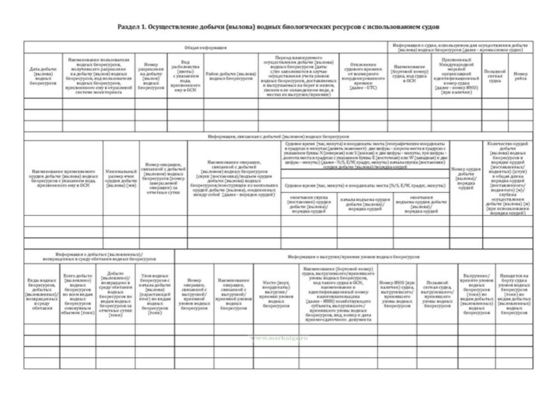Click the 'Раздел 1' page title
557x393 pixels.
pyautogui.click(x=278, y=27)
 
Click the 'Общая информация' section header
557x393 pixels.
pyautogui.click(x=205, y=48)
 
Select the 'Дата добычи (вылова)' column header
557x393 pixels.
pyautogui.click(x=43, y=76)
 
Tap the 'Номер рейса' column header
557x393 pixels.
pyautogui.click(x=520, y=76)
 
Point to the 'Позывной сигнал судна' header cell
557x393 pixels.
pyautogui.click(x=495, y=76)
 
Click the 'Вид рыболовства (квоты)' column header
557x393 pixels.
pyautogui.click(x=185, y=76)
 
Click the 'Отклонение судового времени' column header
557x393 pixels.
pyautogui.click(x=363, y=76)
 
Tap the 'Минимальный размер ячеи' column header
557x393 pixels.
pyautogui.click(x=121, y=179)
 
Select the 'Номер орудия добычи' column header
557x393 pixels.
pyautogui.click(x=466, y=179)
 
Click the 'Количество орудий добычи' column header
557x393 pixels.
pyautogui.click(x=508, y=178)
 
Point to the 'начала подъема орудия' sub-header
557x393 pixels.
pyautogui.click(x=365, y=204)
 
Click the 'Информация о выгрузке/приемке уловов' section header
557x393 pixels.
pyautogui.click(x=353, y=257)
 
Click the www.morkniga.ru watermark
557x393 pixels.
pyautogui.click(x=279, y=338)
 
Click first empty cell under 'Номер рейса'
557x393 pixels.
pyautogui.click(x=520, y=104)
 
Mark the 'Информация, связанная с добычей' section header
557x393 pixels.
pyautogui.click(x=278, y=137)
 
